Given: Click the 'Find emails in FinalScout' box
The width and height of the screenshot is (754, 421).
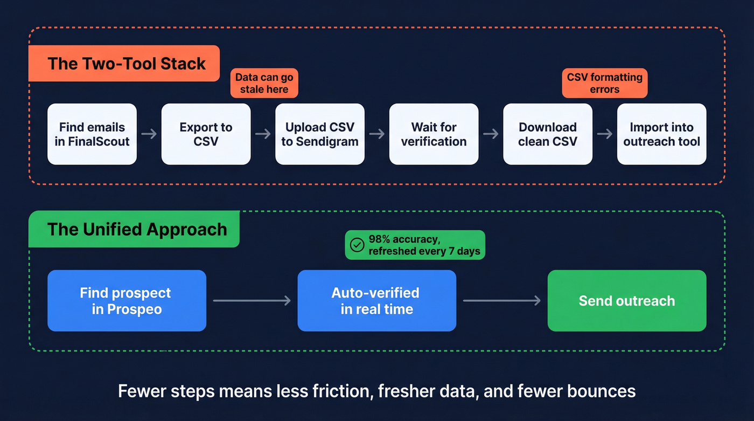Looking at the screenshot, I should pyautogui.click(x=92, y=134).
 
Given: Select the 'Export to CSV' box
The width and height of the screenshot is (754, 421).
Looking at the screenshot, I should pyautogui.click(x=206, y=134).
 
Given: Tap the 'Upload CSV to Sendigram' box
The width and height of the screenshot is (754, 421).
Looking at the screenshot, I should pyautogui.click(x=320, y=134).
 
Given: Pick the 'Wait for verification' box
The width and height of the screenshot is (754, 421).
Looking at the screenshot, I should pyautogui.click(x=434, y=134).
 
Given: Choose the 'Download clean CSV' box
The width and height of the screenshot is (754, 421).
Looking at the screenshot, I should pyautogui.click(x=548, y=134).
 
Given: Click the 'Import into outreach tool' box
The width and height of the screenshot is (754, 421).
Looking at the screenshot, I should pyautogui.click(x=661, y=134).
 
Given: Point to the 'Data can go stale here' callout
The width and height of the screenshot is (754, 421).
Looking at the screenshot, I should pyautogui.click(x=264, y=84).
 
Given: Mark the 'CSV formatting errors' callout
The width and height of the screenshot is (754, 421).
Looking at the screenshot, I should pyautogui.click(x=604, y=84).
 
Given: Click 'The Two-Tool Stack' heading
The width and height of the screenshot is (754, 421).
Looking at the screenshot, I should pyautogui.click(x=127, y=64).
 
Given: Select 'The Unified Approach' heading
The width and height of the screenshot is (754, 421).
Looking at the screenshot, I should pyautogui.click(x=137, y=229).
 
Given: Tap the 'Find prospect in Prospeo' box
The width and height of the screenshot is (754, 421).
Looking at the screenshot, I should pyautogui.click(x=127, y=301).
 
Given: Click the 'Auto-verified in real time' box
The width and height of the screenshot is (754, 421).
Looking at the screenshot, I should pyautogui.click(x=376, y=301).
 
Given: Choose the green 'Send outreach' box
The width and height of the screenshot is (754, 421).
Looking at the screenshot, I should pyautogui.click(x=626, y=301).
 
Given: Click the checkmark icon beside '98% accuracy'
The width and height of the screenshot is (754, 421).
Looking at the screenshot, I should pyautogui.click(x=357, y=245).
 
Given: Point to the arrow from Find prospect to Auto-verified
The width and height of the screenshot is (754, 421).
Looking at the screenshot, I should pyautogui.click(x=252, y=301).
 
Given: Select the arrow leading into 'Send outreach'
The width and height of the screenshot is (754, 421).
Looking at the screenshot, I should pyautogui.click(x=501, y=301).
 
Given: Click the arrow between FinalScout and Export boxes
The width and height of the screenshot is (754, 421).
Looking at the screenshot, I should pyautogui.click(x=149, y=134).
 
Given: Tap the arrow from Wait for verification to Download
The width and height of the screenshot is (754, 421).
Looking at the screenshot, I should pyautogui.click(x=491, y=134).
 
